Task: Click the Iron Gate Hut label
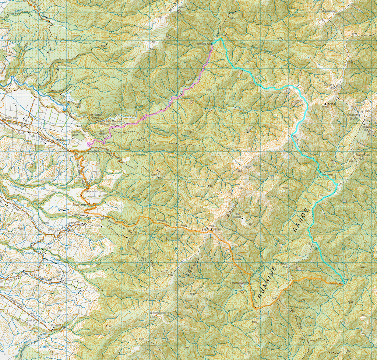click(204, 43)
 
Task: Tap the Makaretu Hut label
click(335, 283)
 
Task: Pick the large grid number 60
click(177, 249)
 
